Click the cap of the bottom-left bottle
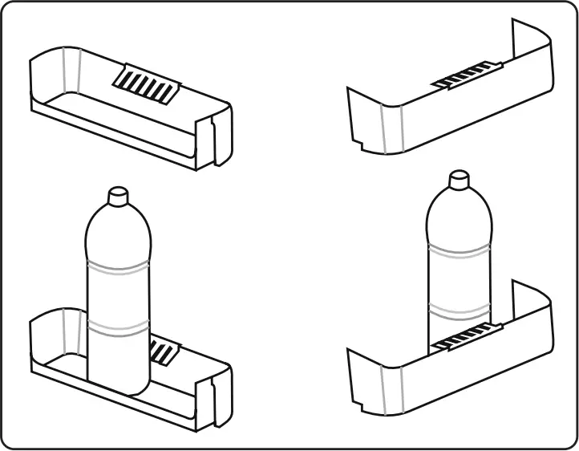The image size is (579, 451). pyautogui.click(x=117, y=195)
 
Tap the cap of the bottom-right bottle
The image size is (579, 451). pyautogui.click(x=458, y=180)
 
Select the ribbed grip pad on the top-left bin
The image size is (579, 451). pyautogui.click(x=146, y=84)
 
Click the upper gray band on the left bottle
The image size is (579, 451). pyautogui.click(x=117, y=266)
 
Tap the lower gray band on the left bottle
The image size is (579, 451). pyautogui.click(x=117, y=327)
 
